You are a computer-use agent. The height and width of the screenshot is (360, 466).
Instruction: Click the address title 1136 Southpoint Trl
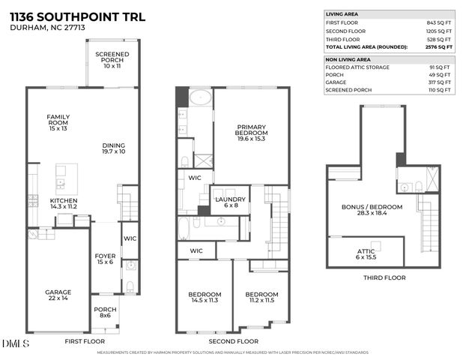coord(67,16)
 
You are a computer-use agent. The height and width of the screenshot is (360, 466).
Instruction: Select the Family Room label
coord(58,122)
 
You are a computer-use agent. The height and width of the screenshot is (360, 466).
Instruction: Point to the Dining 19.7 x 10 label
coord(115,148)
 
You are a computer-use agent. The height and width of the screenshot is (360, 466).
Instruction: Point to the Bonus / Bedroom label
coord(372,210)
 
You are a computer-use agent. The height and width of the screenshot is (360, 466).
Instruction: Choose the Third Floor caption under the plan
coord(384,277)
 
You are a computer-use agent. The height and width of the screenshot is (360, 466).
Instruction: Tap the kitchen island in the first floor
coord(66,178)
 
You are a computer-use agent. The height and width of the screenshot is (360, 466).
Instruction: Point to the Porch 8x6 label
coord(105,313)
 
